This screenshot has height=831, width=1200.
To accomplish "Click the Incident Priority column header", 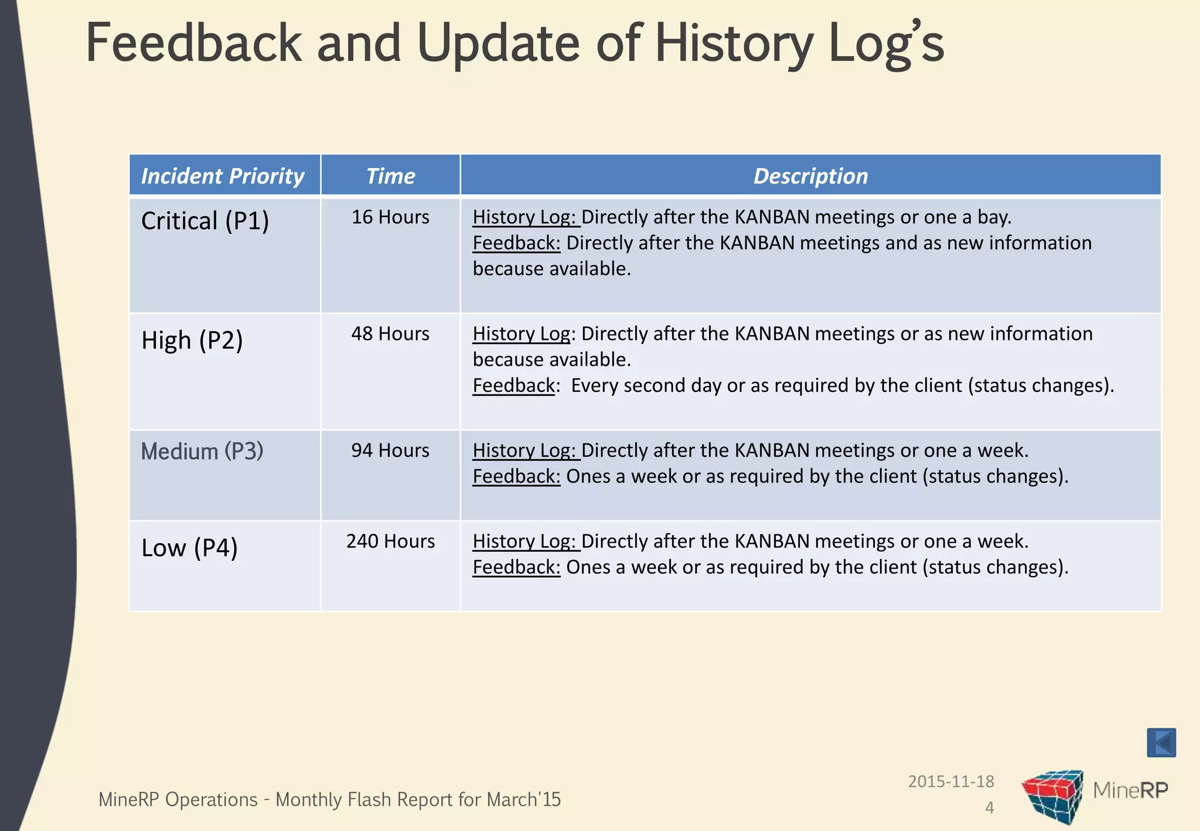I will (x=223, y=176).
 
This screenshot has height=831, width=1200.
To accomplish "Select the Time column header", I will (x=390, y=176).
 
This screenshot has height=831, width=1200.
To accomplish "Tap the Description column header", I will (x=810, y=176).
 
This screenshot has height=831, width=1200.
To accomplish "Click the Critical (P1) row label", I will (x=205, y=221).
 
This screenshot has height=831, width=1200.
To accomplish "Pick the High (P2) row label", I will (x=192, y=340).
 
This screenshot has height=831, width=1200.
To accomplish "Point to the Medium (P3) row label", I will (x=202, y=451).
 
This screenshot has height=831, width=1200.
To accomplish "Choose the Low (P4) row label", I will (x=189, y=548).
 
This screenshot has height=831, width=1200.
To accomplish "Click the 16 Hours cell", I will (x=390, y=217).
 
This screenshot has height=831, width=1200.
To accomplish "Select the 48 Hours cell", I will (x=390, y=333).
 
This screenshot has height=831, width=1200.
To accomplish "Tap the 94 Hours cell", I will (x=390, y=450).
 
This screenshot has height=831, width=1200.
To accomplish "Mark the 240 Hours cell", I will (x=390, y=541).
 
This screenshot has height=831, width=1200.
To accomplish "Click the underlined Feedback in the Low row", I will (x=516, y=567).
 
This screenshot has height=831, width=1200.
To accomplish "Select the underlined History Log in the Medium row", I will (x=525, y=450).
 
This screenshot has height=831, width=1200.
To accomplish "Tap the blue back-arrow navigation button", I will (x=1161, y=743).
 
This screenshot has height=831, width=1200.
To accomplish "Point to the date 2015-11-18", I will (x=951, y=781).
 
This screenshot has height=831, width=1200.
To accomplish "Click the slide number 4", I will (x=989, y=808).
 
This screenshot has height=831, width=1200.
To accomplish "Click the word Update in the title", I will (x=498, y=44).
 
